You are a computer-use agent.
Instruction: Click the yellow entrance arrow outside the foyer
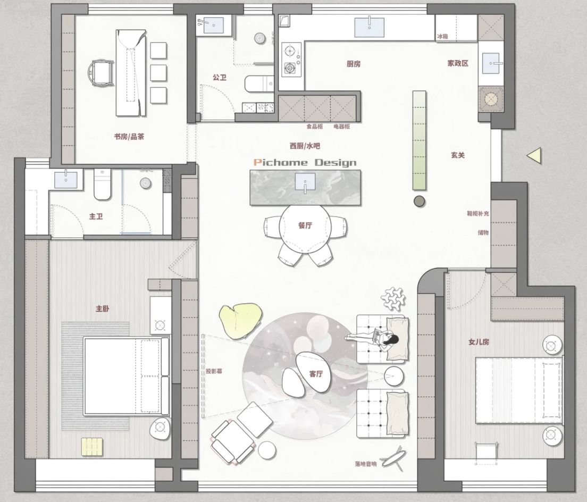tap(534, 155)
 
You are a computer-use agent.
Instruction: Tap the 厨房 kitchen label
tap(354, 64)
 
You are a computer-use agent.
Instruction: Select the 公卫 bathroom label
tap(220, 78)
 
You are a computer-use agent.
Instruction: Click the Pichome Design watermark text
tap(305, 162)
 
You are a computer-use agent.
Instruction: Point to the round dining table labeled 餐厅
tap(305, 225)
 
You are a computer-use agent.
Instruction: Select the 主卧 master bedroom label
tap(103, 308)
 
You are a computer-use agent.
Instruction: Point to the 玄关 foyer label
tap(458, 155)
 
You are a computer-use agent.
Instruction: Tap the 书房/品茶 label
tap(129, 136)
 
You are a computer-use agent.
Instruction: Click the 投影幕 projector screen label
tap(213, 371)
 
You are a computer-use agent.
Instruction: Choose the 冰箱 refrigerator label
tap(442, 36)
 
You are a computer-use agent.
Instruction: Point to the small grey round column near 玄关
tap(420, 200)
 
